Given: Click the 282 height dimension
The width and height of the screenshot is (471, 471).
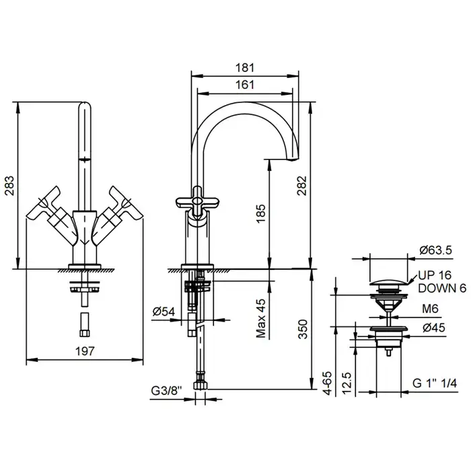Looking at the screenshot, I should [x=302, y=184].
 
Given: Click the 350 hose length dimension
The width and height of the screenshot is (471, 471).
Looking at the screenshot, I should [x=303, y=330].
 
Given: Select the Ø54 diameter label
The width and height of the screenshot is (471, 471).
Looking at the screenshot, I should [x=164, y=311].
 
